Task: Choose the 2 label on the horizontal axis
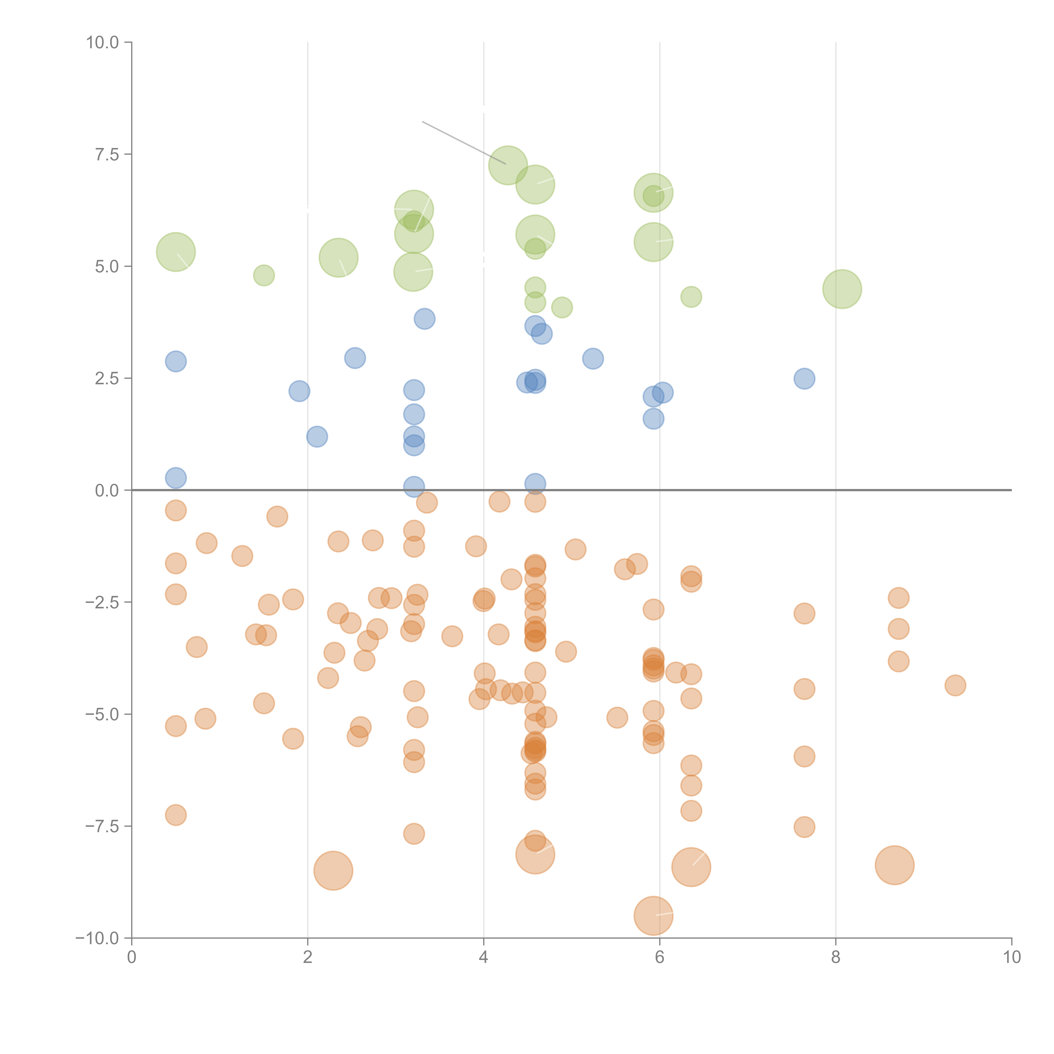pyautogui.click(x=308, y=957)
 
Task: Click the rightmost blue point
pyautogui.click(x=804, y=379)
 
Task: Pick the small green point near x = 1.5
pyautogui.click(x=264, y=276)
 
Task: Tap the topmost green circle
pyautogui.click(x=508, y=165)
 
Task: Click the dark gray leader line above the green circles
pyautogui.click(x=464, y=143)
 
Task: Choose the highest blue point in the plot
pyautogui.click(x=424, y=319)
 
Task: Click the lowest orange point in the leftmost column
pyautogui.click(x=176, y=815)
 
